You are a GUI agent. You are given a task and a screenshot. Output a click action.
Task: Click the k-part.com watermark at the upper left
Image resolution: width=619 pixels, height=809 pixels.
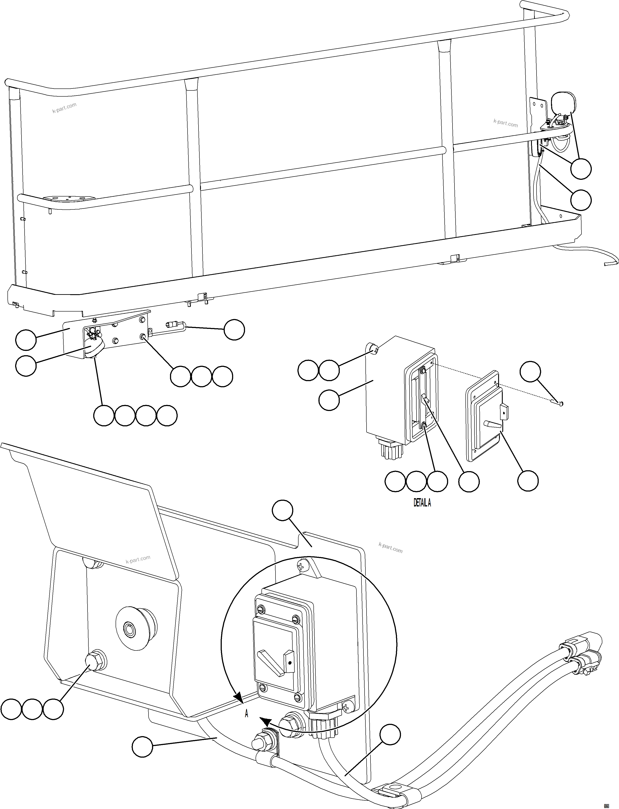[64, 108]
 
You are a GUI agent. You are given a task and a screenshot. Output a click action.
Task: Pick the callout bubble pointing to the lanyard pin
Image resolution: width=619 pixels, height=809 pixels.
[234, 330]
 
